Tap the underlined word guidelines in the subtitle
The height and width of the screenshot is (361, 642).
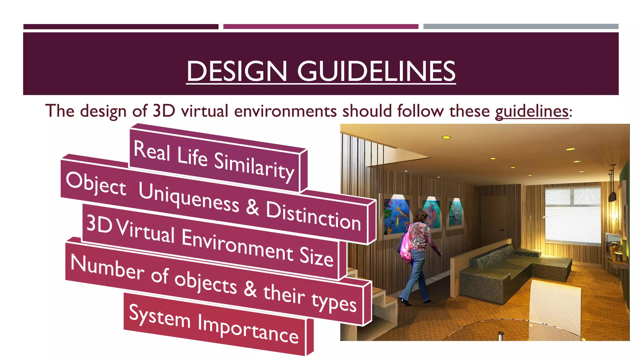(x=532, y=111)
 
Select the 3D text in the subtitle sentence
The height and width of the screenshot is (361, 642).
(x=164, y=111)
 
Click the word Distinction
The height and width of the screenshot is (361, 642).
(x=313, y=216)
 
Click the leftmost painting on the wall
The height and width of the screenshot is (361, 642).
(x=397, y=216)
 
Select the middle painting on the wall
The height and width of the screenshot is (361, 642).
(x=431, y=213)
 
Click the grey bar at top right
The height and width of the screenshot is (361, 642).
(x=521, y=27)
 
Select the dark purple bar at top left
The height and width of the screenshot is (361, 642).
(x=121, y=27)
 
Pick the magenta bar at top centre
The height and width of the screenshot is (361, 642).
(x=321, y=27)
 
